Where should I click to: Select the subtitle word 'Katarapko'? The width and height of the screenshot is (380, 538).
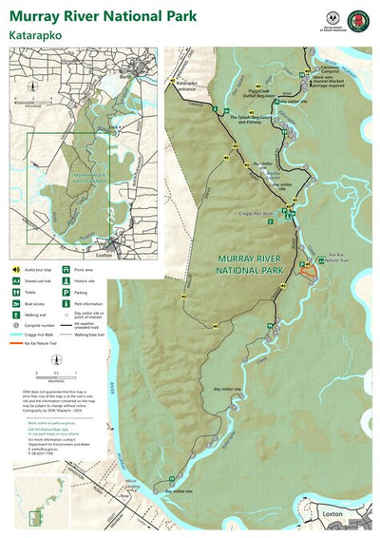click(x=37, y=34)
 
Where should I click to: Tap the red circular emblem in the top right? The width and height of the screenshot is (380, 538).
click(x=357, y=21)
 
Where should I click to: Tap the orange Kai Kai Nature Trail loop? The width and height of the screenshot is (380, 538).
click(x=307, y=270)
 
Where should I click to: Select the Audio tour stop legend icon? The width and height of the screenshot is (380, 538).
click(x=16, y=270)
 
